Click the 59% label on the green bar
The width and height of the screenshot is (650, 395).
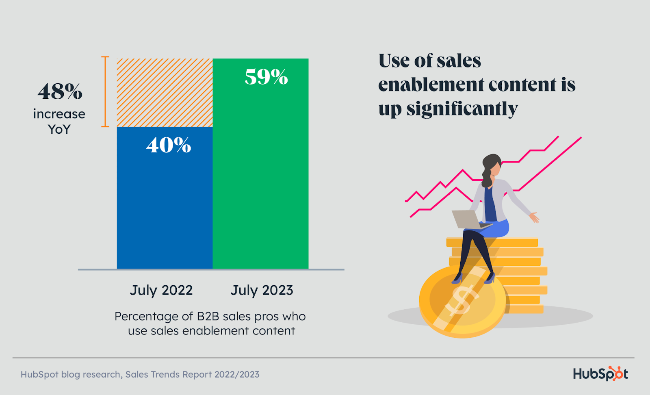click(266, 77)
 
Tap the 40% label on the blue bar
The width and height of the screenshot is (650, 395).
click(169, 145)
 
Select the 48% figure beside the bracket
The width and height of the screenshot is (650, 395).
click(60, 92)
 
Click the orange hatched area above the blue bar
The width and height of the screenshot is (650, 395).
click(165, 93)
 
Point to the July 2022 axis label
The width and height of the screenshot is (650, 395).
click(161, 290)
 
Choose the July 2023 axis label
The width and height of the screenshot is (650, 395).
click(262, 290)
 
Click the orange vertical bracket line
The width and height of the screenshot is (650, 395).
click(105, 92)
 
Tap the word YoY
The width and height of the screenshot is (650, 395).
click(59, 129)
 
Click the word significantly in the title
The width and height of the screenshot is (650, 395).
click(462, 109)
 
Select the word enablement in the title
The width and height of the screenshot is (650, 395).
click(431, 85)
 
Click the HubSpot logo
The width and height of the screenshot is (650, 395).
click(600, 373)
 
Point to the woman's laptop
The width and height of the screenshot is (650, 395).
click(467, 219)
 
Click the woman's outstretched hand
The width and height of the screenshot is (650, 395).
click(535, 217)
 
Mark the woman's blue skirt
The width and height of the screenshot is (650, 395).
click(498, 228)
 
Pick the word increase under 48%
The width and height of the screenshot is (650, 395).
click(59, 114)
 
